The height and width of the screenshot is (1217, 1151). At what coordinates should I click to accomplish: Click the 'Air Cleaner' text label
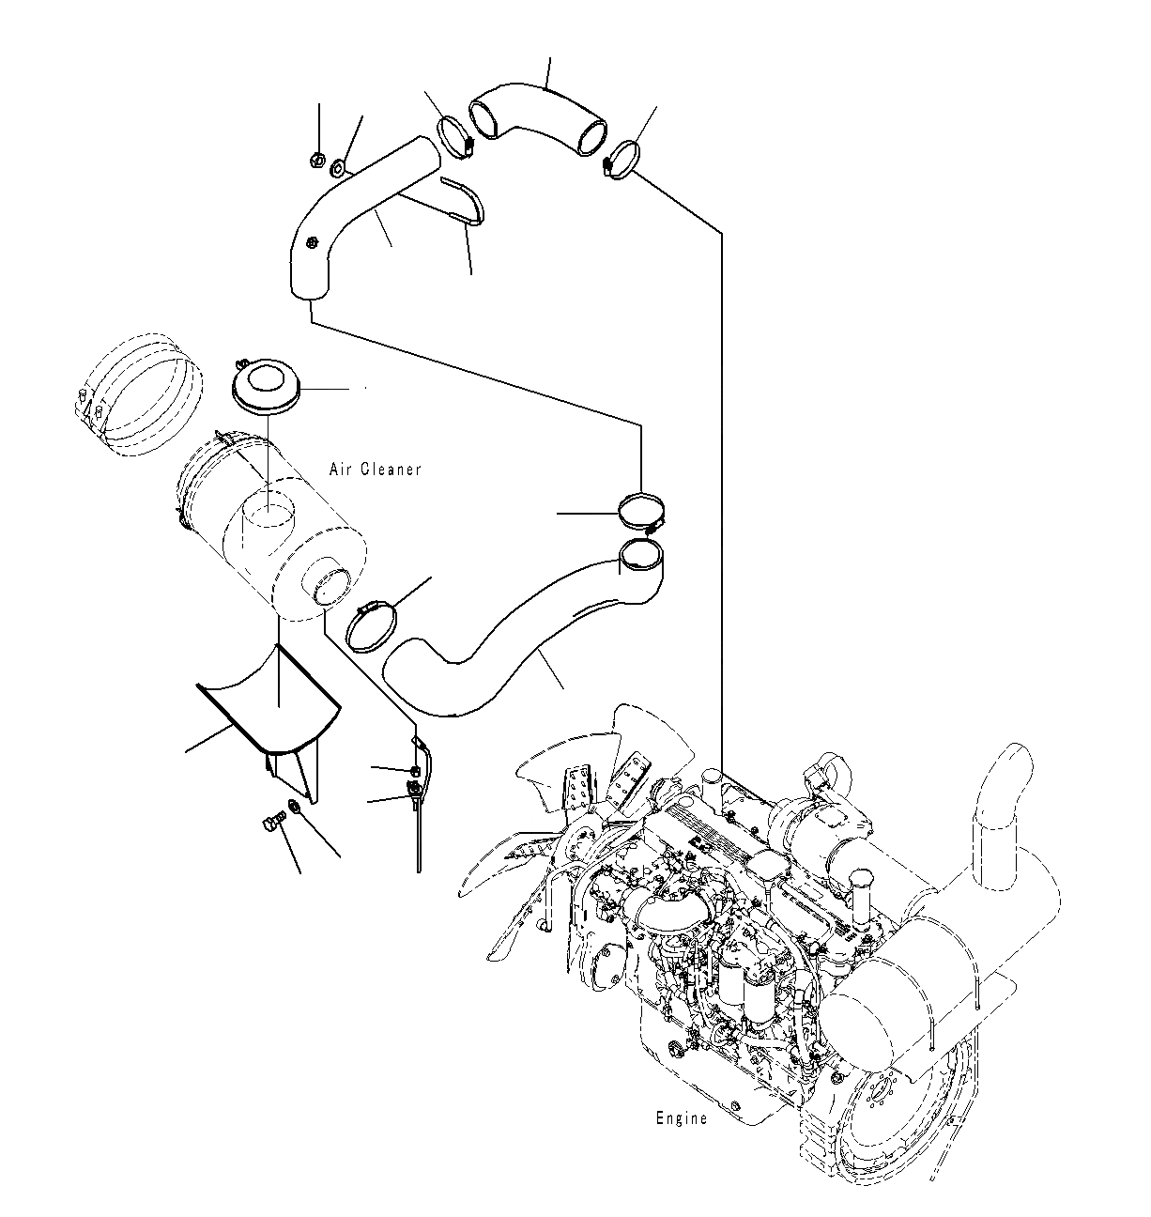376,469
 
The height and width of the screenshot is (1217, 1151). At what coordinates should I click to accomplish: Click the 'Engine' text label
681,1118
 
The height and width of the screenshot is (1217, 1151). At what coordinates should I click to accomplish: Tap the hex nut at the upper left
317,161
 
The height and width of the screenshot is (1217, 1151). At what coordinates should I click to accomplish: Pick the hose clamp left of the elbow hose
455,137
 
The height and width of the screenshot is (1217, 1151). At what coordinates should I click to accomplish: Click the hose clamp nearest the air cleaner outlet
372,624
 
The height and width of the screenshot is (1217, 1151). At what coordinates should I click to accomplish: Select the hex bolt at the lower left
270,824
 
